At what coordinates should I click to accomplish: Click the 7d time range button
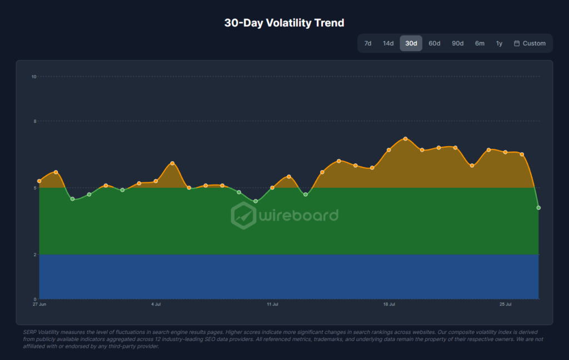pyautogui.click(x=368, y=43)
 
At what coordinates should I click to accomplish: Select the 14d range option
pyautogui.click(x=388, y=43)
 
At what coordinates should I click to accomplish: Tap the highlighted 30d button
pyautogui.click(x=411, y=43)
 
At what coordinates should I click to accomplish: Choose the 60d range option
pyautogui.click(x=435, y=43)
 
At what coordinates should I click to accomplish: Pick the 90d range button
pyautogui.click(x=458, y=43)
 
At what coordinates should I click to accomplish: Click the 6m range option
pyautogui.click(x=480, y=43)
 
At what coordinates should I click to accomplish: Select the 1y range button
pyautogui.click(x=500, y=43)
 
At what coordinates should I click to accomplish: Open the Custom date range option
pyautogui.click(x=530, y=43)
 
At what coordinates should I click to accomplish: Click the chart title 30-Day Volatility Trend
pyautogui.click(x=284, y=23)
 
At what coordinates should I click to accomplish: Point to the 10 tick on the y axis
pyautogui.click(x=34, y=77)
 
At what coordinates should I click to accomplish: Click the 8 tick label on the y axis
pyautogui.click(x=35, y=121)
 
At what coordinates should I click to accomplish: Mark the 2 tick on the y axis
pyautogui.click(x=35, y=255)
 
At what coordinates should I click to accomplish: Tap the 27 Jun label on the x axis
pyautogui.click(x=39, y=304)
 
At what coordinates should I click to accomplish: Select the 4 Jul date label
pyautogui.click(x=156, y=304)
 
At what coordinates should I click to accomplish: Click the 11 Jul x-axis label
pyautogui.click(x=272, y=304)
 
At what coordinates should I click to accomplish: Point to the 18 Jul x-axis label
pyautogui.click(x=389, y=304)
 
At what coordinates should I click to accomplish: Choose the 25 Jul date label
pyautogui.click(x=506, y=304)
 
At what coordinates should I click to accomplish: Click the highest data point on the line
pyautogui.click(x=405, y=139)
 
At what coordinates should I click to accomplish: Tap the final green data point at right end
pyautogui.click(x=538, y=208)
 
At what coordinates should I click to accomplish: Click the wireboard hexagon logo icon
pyautogui.click(x=243, y=216)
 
